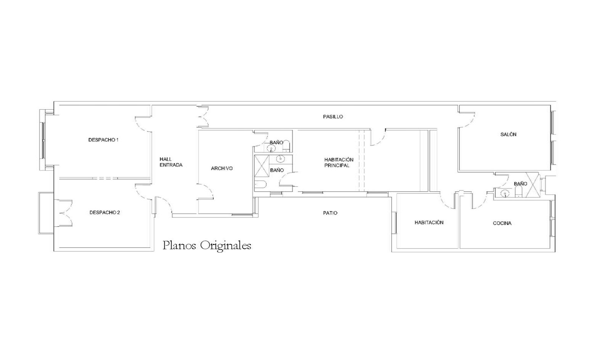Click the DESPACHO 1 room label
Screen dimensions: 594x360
pyautogui.click(x=103, y=140)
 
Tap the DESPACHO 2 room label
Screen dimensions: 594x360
pyautogui.click(x=104, y=213)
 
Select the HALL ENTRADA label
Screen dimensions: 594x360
pyautogui.click(x=171, y=162)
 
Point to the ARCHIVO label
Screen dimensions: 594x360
pyautogui.click(x=222, y=168)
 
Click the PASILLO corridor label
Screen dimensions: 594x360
pyautogui.click(x=333, y=117)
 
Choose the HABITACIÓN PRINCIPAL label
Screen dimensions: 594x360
pyautogui.click(x=339, y=163)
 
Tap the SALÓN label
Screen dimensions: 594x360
pyautogui.click(x=508, y=134)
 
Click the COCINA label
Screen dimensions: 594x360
pyautogui.click(x=502, y=223)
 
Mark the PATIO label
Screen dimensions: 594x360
pyautogui.click(x=330, y=213)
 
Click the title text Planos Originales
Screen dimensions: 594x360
pyautogui.click(x=207, y=246)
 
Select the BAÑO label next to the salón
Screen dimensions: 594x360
pyautogui.click(x=520, y=184)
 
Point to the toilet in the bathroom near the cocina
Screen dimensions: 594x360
pyautogui.click(x=519, y=192)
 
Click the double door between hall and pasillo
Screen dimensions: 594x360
pyautogui.click(x=203, y=117)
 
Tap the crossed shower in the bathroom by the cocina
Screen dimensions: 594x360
pyautogui.click(x=532, y=185)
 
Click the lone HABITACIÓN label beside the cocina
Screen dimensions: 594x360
pyautogui.click(x=429, y=222)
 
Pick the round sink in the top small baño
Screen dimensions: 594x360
pyautogui.click(x=271, y=148)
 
